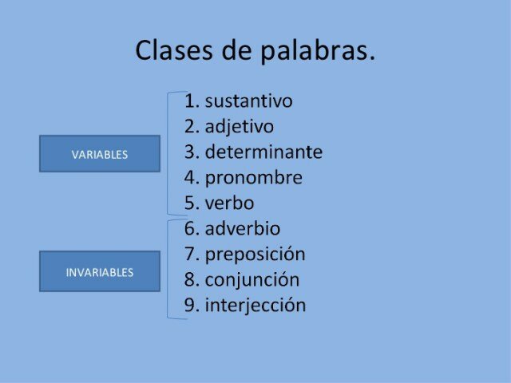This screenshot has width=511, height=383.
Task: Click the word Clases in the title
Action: coord(172,50)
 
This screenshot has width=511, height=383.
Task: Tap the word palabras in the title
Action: coord(318,51)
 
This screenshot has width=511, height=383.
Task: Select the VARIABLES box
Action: coord(100,154)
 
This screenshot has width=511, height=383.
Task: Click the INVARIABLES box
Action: coord(100,271)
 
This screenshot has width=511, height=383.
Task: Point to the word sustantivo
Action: coord(248,101)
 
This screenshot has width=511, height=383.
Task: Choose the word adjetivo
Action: coord(239,127)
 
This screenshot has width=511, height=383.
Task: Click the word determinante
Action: coord(263,152)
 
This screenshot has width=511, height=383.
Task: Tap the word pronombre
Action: coord(253,178)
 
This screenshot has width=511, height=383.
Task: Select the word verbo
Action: coord(229,203)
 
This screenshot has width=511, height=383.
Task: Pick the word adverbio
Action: coord(242,229)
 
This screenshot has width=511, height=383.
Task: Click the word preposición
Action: coord(255,255)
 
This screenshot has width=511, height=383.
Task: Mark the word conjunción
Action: coord(252,280)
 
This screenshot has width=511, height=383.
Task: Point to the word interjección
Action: coord(255,306)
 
